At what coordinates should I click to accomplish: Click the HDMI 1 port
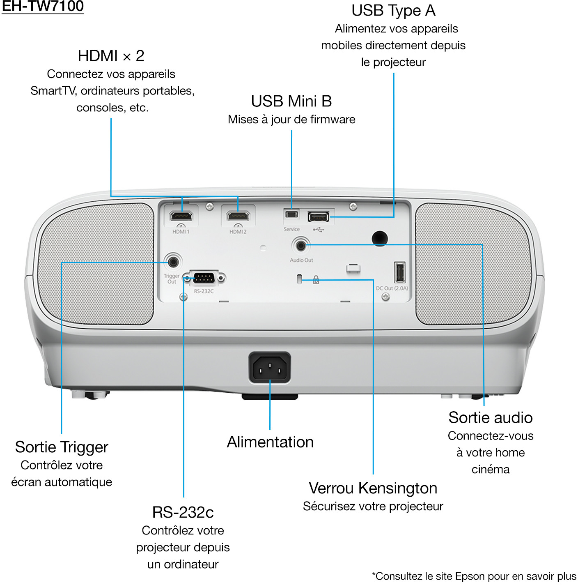(x=181, y=215)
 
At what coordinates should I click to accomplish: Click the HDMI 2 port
(x=238, y=215)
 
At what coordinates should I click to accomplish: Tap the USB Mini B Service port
(x=291, y=214)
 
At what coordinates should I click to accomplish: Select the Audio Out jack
(x=301, y=246)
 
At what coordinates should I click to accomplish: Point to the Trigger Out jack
(x=173, y=262)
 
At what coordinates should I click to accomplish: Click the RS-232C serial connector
(x=204, y=278)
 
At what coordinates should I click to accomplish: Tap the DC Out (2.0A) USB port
(x=399, y=272)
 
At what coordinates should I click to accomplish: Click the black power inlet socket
(x=270, y=368)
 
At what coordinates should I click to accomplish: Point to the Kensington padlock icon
(x=316, y=280)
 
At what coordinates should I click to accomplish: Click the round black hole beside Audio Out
(x=379, y=238)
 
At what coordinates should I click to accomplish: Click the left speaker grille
(x=95, y=264)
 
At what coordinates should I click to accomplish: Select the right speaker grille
(x=473, y=264)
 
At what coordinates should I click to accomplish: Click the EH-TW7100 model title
(x=43, y=6)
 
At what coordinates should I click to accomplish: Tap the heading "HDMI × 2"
(x=111, y=56)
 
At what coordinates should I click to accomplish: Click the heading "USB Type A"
(x=393, y=11)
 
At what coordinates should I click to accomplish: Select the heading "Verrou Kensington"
(x=373, y=488)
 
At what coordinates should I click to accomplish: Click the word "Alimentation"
(x=270, y=442)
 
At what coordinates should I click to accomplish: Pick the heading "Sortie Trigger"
(x=62, y=447)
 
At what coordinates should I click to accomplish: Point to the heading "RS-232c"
(x=183, y=512)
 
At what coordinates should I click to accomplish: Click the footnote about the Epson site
(x=474, y=576)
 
